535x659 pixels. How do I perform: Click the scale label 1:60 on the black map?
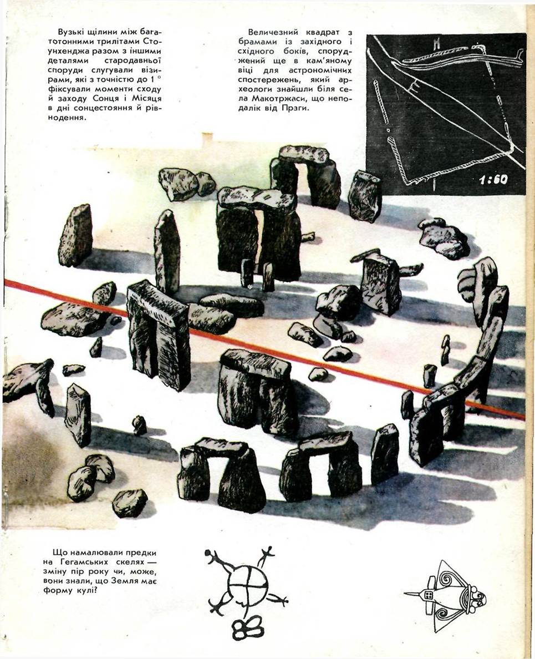point(493,180)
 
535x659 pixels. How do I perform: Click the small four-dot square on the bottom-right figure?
point(429,595)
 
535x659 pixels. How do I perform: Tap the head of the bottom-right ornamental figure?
point(478,597)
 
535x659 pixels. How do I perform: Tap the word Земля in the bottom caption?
point(120,581)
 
